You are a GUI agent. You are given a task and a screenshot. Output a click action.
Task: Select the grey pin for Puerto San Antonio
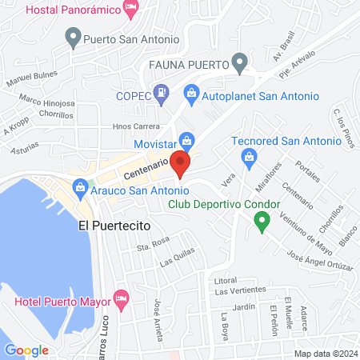74,35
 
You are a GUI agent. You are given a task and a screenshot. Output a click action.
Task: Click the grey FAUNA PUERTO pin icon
238,62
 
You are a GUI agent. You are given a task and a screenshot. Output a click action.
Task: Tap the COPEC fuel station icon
161,94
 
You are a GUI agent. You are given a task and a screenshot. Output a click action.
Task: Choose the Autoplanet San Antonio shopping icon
191,94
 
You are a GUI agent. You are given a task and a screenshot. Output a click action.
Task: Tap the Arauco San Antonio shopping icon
79,190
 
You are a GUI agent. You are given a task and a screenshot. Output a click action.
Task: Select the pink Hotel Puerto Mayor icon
122,298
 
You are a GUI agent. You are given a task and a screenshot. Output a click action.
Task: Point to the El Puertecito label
114,227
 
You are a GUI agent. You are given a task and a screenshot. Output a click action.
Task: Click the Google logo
26,350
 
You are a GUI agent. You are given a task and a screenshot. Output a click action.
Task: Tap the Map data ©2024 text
324,354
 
